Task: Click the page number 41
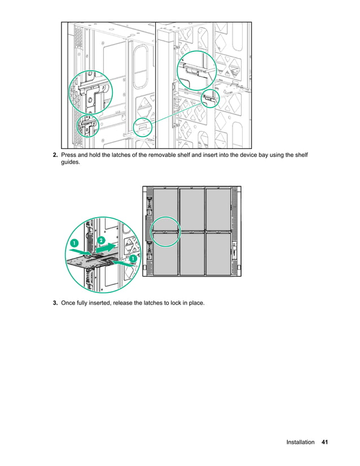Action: [324, 442]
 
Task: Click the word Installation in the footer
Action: [300, 442]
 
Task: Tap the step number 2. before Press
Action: [55, 155]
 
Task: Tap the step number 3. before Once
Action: [55, 304]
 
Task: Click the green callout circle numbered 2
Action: [101, 240]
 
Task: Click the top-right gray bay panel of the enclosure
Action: [218, 208]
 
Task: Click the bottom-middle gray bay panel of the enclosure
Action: [192, 253]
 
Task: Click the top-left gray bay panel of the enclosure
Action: [165, 208]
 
